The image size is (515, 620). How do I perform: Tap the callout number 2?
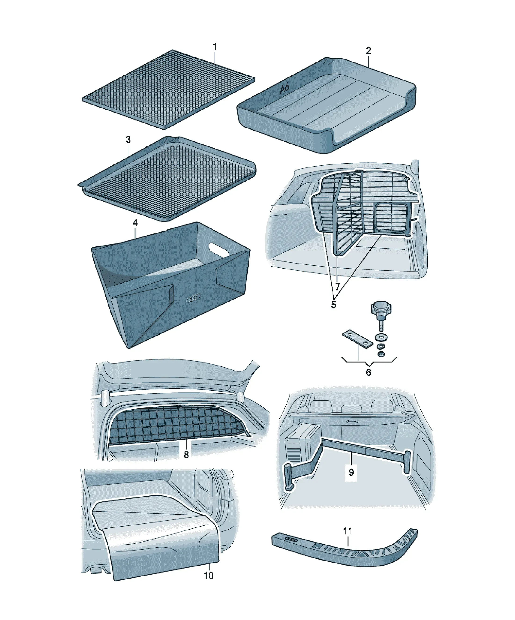[368, 51]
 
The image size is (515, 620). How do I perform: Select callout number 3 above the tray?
[128, 140]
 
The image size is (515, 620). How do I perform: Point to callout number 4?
[135, 223]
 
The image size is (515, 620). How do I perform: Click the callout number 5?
[333, 305]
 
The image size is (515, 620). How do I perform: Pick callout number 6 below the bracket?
[368, 372]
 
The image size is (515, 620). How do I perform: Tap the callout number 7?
[337, 286]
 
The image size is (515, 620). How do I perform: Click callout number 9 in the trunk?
[351, 472]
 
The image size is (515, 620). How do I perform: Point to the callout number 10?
[208, 575]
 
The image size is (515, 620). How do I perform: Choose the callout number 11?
[348, 531]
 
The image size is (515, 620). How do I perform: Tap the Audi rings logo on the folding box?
[193, 299]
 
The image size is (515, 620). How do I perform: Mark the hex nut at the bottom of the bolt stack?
[381, 354]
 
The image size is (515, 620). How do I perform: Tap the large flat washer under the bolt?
[381, 337]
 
